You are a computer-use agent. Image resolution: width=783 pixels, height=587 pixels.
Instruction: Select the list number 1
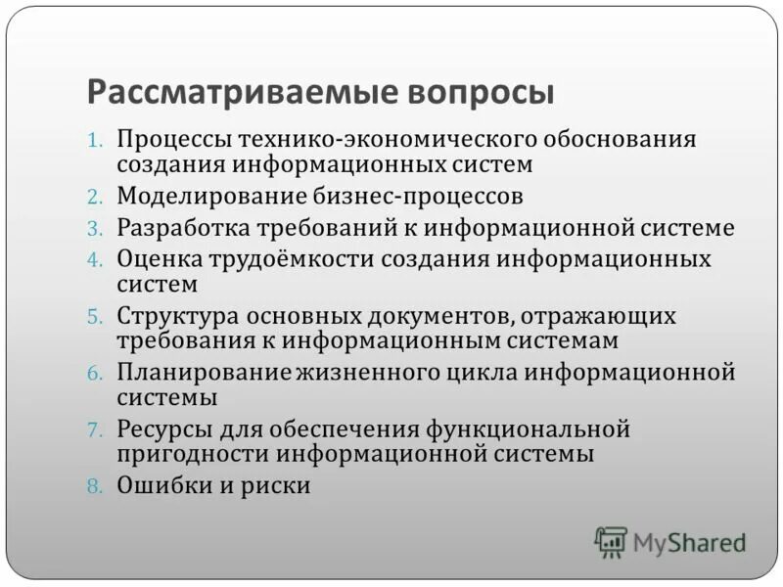point(94,140)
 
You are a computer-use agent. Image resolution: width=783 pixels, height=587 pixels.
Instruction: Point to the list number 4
point(94,260)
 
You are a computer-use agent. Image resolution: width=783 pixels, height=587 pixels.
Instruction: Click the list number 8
point(94,485)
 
